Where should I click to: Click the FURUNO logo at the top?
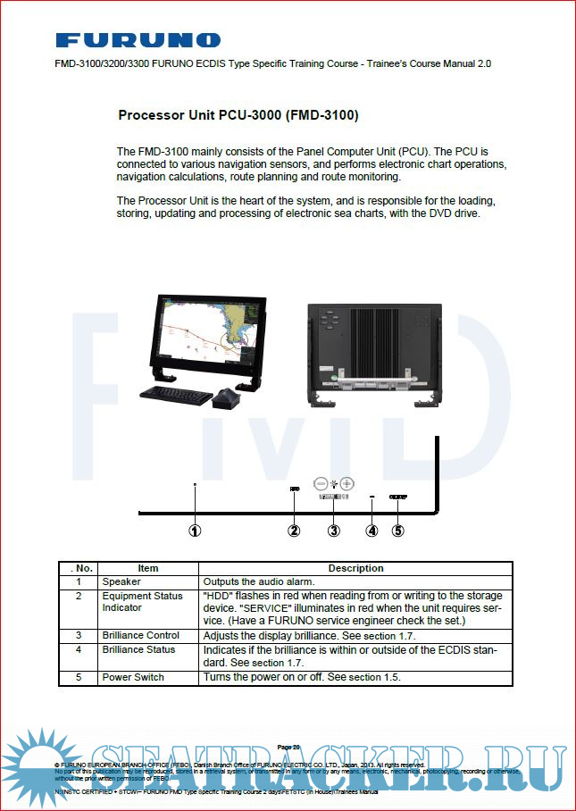coord(138,40)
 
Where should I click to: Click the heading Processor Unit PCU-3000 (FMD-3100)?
coord(238,115)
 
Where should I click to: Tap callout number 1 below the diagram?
coord(195,530)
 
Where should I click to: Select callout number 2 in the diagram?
coord(294,530)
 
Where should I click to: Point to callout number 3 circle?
coord(334,530)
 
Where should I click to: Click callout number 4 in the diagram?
coord(372,530)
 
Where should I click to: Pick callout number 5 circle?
coord(398,530)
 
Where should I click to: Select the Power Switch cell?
coord(133,677)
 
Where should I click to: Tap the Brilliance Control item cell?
coord(140,635)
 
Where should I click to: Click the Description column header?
coord(355,568)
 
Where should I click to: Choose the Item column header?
coord(147,568)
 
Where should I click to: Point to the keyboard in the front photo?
coord(176,393)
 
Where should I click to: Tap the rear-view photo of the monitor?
coord(374,348)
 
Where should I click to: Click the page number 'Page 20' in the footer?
coord(288,747)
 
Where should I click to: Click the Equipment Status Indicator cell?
coord(142,601)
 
